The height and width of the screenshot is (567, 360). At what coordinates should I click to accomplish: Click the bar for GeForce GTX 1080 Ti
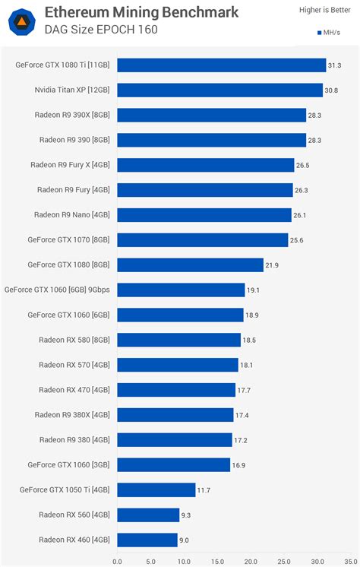click(x=221, y=65)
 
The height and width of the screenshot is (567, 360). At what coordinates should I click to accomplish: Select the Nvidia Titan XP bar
click(x=219, y=90)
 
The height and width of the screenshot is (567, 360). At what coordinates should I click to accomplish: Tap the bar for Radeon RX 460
click(x=147, y=540)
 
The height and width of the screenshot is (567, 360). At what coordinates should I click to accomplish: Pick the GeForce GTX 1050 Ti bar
click(x=156, y=490)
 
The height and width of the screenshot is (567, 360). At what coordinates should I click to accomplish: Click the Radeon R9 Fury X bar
click(x=205, y=165)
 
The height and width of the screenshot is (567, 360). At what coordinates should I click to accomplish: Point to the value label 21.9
click(x=273, y=265)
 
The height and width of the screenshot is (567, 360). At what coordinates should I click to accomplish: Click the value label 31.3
click(x=335, y=65)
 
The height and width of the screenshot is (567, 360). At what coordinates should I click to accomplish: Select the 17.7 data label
click(x=245, y=390)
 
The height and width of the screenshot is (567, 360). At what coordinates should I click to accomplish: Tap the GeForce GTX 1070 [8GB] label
click(x=68, y=240)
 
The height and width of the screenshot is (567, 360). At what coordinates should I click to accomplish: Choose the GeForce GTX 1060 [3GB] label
click(x=68, y=465)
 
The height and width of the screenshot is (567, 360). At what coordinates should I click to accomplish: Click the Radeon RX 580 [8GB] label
click(x=74, y=340)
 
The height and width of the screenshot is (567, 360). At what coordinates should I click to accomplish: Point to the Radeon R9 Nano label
click(x=72, y=215)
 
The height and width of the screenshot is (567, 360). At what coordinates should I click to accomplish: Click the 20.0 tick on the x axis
click(x=251, y=562)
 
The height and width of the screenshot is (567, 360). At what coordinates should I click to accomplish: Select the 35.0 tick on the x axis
click(x=350, y=562)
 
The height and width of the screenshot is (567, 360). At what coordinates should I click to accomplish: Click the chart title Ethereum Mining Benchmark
click(x=141, y=12)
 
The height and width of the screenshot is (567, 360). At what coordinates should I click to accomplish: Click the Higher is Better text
click(x=324, y=9)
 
